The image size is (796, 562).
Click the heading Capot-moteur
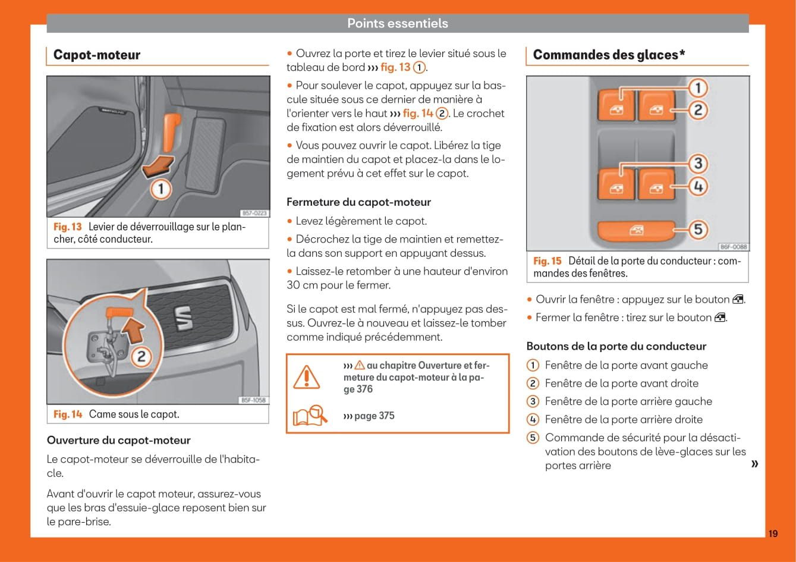[97, 55]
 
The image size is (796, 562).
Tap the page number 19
[773, 533]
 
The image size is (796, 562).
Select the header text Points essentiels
[397, 23]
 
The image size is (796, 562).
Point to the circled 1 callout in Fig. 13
[161, 190]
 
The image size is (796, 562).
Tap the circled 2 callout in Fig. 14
[142, 357]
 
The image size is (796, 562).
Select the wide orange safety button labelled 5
[636, 230]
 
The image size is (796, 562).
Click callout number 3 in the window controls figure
[698, 163]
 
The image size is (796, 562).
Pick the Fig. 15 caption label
[547, 261]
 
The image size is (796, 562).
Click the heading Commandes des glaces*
[609, 55]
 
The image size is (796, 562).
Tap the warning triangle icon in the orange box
[307, 376]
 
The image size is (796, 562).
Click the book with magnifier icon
[309, 416]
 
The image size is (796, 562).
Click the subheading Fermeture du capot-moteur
[358, 202]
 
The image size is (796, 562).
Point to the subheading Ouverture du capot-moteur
[118, 441]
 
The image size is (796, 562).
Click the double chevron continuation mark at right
[754, 463]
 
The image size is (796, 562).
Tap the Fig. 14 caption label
[68, 415]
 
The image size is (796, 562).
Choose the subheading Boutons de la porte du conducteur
[616, 346]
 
